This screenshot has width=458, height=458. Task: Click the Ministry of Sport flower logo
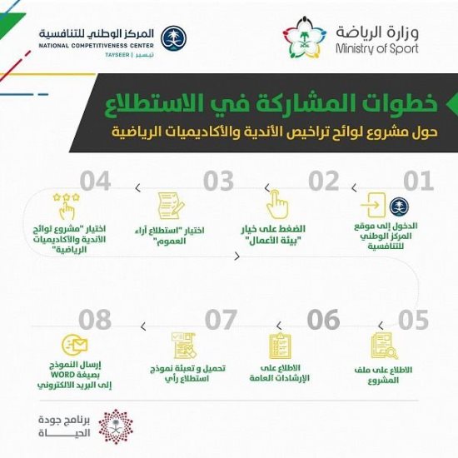(304, 37)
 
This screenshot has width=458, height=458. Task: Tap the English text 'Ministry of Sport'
(377, 48)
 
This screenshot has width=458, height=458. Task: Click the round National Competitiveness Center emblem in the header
(174, 38)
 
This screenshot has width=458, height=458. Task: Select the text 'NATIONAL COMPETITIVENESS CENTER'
(96, 46)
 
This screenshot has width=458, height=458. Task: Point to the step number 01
(418, 181)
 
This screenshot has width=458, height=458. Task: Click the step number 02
(323, 181)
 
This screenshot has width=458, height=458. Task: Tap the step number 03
(218, 181)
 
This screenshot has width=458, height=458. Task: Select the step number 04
(95, 181)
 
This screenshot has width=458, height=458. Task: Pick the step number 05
(413, 320)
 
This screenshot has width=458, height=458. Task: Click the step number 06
(323, 320)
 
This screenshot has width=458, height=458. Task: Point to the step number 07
(221, 320)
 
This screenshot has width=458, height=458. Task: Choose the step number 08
(95, 320)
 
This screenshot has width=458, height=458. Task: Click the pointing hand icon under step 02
(277, 204)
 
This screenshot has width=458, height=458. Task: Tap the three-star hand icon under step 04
(67, 206)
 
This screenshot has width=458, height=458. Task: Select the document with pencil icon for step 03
(171, 205)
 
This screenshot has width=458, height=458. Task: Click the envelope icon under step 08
(75, 345)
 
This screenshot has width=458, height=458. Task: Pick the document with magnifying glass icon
(385, 346)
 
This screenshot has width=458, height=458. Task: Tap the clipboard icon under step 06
(280, 346)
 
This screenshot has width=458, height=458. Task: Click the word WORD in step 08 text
(63, 375)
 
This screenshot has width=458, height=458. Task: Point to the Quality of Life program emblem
(116, 426)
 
